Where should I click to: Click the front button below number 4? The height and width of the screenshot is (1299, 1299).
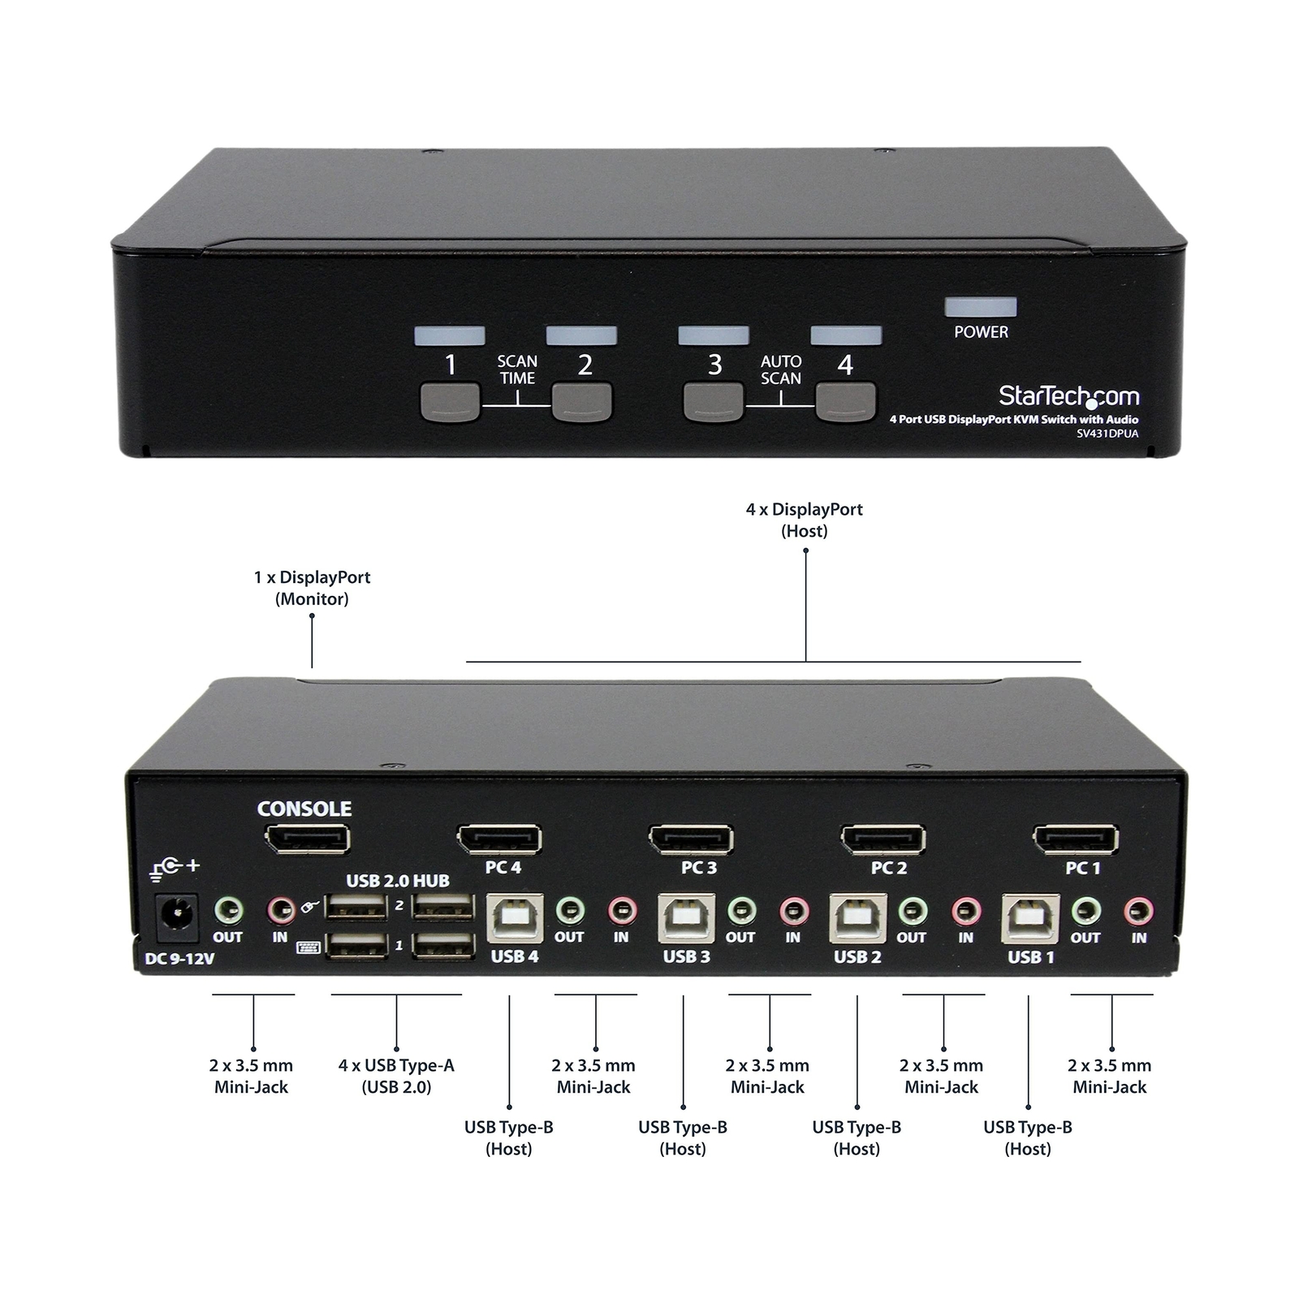(x=845, y=402)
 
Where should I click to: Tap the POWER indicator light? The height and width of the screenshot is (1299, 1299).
(x=981, y=307)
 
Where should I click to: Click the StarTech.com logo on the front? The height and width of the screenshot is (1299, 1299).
(x=1068, y=396)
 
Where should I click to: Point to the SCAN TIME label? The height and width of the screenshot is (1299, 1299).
(x=517, y=369)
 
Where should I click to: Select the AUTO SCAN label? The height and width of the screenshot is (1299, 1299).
(x=781, y=369)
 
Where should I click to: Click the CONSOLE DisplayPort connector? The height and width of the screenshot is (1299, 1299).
(x=307, y=839)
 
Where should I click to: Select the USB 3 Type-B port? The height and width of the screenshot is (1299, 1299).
(x=687, y=917)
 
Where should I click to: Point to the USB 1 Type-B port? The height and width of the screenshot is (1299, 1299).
(x=1030, y=917)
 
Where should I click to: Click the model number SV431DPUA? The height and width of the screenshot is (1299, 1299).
(x=1107, y=434)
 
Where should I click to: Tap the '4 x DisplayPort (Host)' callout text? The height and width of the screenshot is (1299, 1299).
(x=804, y=520)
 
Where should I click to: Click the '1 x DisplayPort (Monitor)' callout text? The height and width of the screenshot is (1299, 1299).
(x=312, y=588)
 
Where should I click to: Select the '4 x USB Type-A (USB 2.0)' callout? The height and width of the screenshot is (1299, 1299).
(x=396, y=1076)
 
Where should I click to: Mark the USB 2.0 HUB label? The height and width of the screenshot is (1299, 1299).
(x=398, y=881)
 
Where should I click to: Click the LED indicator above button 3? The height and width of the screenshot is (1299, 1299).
(x=713, y=335)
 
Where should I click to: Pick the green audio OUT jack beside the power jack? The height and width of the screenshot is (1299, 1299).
(x=229, y=911)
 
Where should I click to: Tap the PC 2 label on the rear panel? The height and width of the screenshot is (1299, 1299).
(x=889, y=868)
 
